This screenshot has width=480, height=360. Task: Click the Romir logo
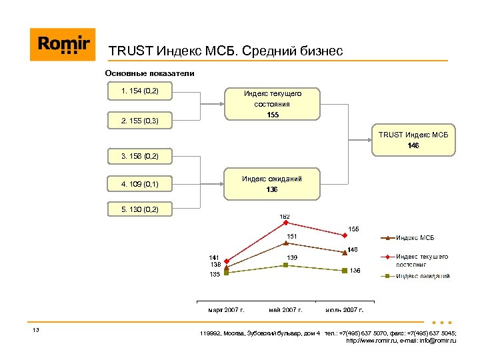pyautogui.click(x=63, y=45)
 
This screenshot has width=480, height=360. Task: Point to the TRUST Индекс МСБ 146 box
pyautogui.click(x=413, y=140)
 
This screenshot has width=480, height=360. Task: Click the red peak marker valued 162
pyautogui.click(x=285, y=223)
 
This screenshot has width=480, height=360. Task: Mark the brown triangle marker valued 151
pyautogui.click(x=285, y=243)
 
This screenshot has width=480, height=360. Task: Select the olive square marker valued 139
pyautogui.click(x=285, y=265)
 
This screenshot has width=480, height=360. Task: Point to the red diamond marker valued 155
pyautogui.click(x=344, y=235)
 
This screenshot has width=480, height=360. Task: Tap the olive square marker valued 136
pyautogui.click(x=344, y=270)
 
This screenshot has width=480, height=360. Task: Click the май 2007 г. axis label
pyautogui.click(x=285, y=310)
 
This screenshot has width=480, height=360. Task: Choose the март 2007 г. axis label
pyautogui.click(x=227, y=310)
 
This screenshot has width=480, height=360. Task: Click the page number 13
pyautogui.click(x=36, y=331)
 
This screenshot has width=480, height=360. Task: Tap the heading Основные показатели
pyautogui.click(x=150, y=73)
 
